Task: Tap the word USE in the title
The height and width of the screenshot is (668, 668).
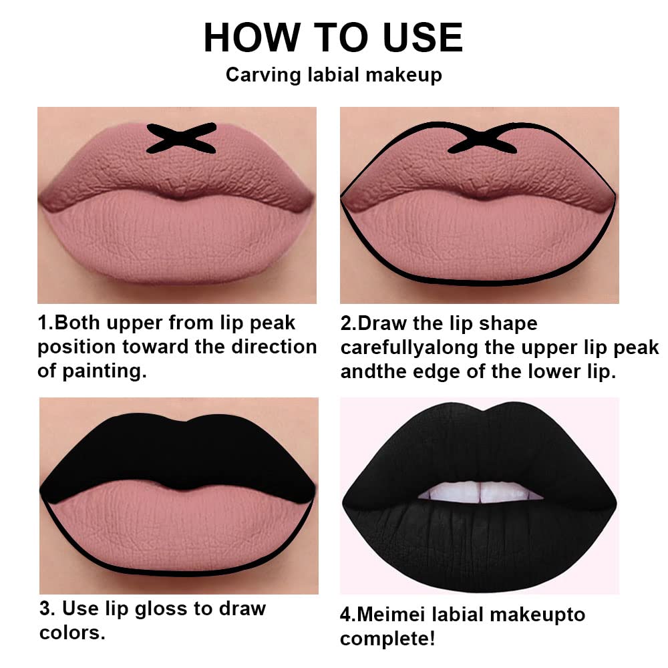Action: click(417, 37)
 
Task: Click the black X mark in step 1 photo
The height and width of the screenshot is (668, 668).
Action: click(181, 138)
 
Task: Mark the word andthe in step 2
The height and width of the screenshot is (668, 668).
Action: click(375, 372)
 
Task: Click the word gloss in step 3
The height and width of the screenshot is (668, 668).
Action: click(178, 609)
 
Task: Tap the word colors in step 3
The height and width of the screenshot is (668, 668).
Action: click(72, 632)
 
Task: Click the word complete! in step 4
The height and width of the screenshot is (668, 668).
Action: click(387, 638)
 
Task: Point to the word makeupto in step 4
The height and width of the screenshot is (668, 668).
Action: click(538, 614)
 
